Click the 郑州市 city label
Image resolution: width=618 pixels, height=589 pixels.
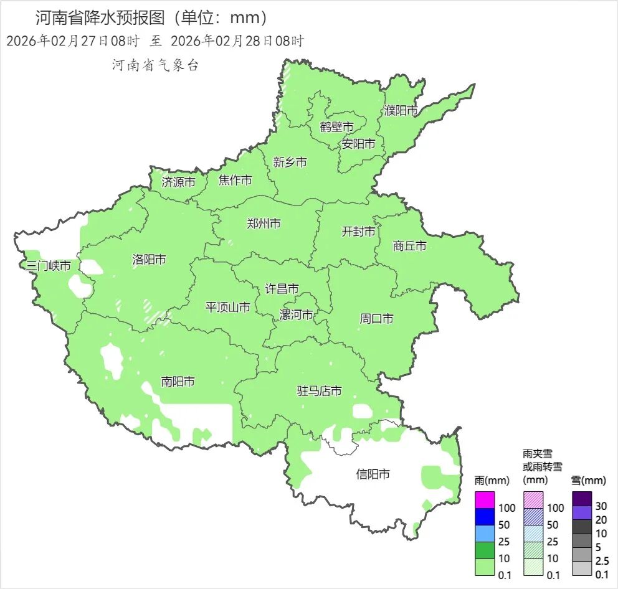pos(264,224)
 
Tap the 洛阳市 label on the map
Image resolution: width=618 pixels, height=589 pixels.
pos(149,260)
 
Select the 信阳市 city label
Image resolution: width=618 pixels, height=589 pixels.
pos(373,474)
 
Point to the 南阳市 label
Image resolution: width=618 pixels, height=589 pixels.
pos(178,381)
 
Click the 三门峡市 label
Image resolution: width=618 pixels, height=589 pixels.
pos(48,266)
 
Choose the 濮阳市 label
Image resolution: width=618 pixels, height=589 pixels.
pos(401,111)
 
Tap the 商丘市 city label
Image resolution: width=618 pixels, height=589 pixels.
pos(409,246)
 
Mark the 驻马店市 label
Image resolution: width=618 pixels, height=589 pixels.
pos(319,391)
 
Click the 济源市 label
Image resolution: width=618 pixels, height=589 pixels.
pos(178,182)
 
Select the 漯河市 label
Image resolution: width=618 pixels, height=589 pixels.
pos(297,314)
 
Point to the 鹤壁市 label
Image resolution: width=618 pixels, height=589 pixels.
pos(336,127)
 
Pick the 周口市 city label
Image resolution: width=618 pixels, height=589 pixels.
pos(376,319)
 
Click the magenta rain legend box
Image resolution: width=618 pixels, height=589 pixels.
pos(485,500)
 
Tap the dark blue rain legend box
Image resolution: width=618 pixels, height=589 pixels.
pos(485,517)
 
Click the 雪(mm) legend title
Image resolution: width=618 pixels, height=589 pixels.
pos(588,480)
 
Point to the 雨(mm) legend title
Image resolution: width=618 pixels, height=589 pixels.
pos(492,480)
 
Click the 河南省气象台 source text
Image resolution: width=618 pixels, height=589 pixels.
pos(155,65)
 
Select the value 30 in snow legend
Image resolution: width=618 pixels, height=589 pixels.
pos(601,506)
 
